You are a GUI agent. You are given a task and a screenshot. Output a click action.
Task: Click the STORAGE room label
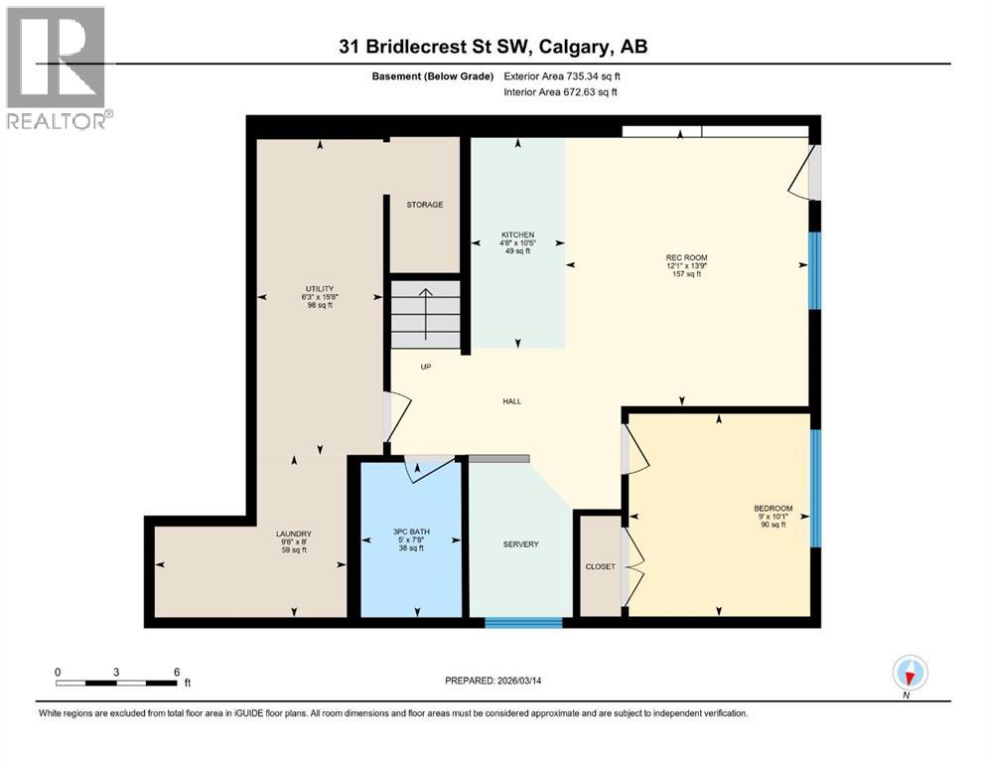424,205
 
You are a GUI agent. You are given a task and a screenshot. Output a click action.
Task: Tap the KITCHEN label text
517,235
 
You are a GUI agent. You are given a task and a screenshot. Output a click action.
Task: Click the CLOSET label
600,566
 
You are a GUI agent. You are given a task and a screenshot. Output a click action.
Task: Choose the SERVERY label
520,543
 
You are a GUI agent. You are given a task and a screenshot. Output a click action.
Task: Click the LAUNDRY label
294,534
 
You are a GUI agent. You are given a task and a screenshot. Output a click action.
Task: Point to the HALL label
512,401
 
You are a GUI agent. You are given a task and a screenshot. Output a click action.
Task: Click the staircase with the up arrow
425,313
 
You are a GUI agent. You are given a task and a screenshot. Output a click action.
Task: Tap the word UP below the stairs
425,367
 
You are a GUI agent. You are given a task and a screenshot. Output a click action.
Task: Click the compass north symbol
910,673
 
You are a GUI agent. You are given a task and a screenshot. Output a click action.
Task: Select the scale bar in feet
117,683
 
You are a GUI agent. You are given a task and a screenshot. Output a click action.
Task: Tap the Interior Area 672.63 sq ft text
561,92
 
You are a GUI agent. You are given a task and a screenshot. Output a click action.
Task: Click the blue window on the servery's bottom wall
523,623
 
